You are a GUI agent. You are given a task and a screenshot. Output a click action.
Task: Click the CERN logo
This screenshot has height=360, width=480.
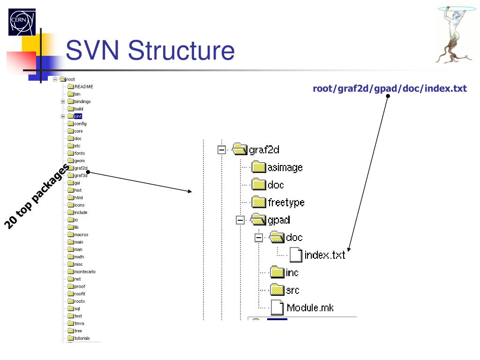click(x=22, y=22)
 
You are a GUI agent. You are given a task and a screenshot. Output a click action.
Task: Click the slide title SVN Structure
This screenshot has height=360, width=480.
click(x=150, y=51)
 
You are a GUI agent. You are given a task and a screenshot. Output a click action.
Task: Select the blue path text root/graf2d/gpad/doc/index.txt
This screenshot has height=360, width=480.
click(x=390, y=89)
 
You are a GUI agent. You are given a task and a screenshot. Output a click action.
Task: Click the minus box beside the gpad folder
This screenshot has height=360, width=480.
click(x=240, y=220)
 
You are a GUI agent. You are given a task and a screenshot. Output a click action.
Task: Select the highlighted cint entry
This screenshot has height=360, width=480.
click(x=78, y=116)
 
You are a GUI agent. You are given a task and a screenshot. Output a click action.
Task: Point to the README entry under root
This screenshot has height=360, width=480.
click(x=83, y=87)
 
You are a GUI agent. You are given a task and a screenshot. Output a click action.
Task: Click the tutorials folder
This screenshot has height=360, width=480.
click(x=82, y=338)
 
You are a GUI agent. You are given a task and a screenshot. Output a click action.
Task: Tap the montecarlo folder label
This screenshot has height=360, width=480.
click(x=84, y=272)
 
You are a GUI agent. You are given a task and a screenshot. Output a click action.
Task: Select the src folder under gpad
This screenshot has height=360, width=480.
click(x=292, y=290)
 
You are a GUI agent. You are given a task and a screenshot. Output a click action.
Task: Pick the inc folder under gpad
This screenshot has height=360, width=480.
click(x=292, y=272)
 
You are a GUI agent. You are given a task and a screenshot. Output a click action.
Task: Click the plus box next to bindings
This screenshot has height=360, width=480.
click(x=63, y=102)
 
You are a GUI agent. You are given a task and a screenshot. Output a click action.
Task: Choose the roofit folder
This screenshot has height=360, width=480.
click(x=79, y=294)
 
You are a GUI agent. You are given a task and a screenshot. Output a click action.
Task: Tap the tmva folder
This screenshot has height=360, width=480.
click(x=78, y=323)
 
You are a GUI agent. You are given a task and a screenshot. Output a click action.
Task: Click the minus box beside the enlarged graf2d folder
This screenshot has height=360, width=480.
click(x=222, y=150)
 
